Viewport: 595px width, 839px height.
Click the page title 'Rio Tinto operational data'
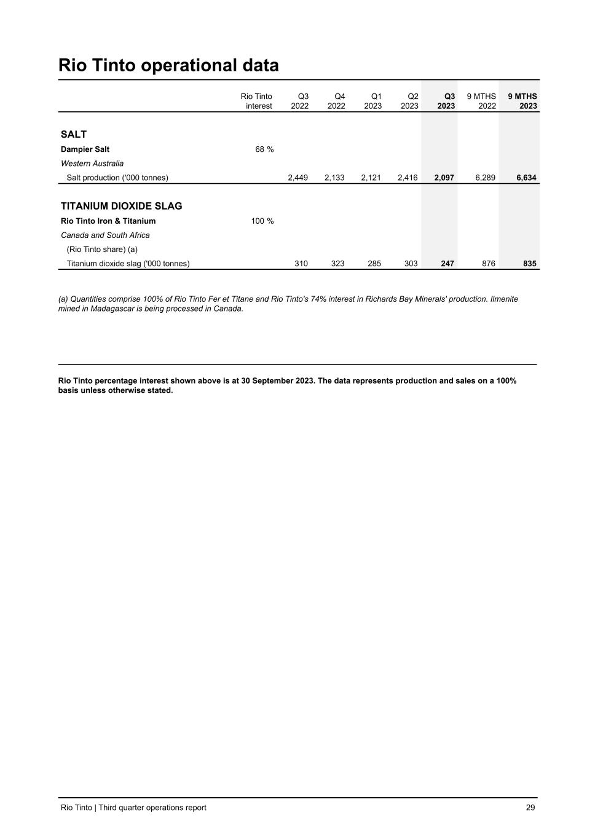(168, 65)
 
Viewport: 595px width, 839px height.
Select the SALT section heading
(74, 135)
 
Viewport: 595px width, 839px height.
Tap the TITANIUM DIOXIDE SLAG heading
(121, 206)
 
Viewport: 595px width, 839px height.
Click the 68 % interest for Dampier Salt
(264, 149)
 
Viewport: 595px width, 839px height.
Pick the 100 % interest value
(262, 221)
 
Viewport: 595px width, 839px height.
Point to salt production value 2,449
(298, 178)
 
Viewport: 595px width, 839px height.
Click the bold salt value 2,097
(444, 178)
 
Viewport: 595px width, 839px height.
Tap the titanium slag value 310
(301, 264)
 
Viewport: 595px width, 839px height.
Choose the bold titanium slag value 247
(447, 264)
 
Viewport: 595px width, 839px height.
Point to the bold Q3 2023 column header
(446, 101)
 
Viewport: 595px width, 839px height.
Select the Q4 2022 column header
(336, 101)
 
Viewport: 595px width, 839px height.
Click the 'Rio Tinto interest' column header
(257, 101)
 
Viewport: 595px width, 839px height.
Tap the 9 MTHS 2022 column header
(481, 101)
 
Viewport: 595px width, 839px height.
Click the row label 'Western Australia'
(92, 163)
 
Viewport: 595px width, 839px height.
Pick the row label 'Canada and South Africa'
(105, 235)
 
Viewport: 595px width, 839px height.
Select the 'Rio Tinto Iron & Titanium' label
(108, 221)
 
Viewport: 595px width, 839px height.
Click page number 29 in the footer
(530, 808)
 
